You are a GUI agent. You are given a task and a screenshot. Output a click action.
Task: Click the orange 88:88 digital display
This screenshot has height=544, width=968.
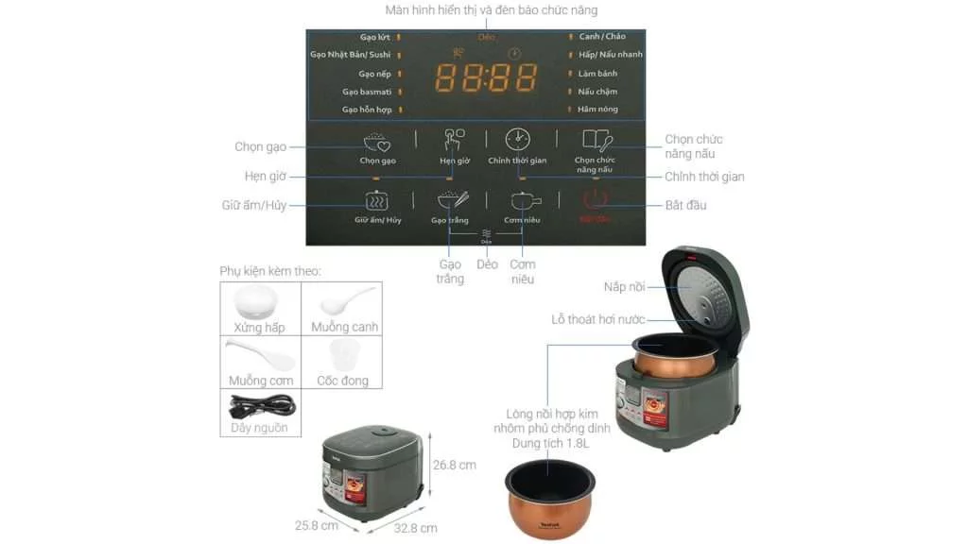tap(486, 77)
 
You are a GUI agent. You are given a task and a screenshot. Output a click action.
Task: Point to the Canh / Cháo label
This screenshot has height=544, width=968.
tap(602, 37)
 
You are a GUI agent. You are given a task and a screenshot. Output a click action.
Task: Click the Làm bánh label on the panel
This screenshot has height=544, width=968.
tap(597, 73)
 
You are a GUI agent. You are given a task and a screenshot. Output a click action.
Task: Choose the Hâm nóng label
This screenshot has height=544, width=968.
tap(597, 110)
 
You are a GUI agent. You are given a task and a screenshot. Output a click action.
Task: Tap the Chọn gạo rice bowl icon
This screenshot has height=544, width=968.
tap(377, 142)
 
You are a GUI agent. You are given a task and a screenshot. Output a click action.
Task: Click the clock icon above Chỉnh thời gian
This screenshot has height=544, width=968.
tap(517, 140)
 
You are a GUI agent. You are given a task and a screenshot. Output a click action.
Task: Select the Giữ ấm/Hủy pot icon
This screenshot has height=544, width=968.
tap(377, 200)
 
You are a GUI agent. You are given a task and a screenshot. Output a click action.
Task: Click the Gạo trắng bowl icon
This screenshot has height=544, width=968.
tap(451, 200)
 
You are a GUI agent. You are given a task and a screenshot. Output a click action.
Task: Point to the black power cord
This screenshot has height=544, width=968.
tap(261, 406)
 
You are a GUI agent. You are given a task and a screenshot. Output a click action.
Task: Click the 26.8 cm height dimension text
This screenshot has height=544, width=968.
tap(454, 465)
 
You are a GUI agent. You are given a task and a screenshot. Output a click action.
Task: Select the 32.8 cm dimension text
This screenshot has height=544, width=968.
tap(416, 528)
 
